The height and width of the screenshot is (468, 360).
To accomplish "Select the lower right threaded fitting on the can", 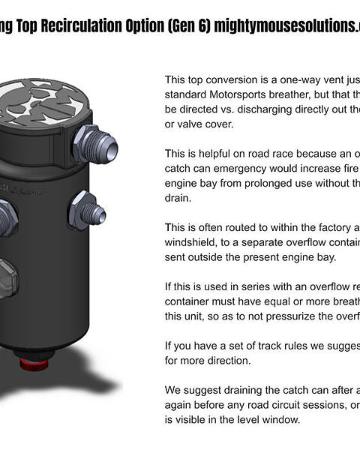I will [85, 211].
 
